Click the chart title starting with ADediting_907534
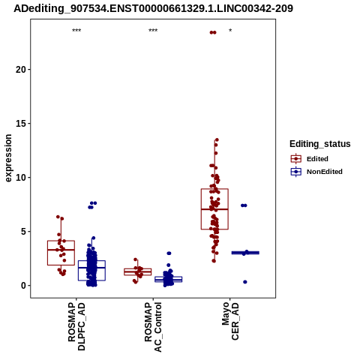pyautogui.click(x=153, y=8)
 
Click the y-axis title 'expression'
pyautogui.click(x=8, y=158)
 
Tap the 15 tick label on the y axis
pyautogui.click(x=21, y=124)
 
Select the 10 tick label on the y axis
pyautogui.click(x=21, y=178)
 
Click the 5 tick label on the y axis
pyautogui.click(x=24, y=232)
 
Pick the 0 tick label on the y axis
pyautogui.click(x=24, y=286)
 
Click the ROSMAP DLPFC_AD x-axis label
pyautogui.click(x=76, y=326)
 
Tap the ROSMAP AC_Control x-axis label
pyautogui.click(x=153, y=327)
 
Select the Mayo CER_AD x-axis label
pyautogui.click(x=230, y=321)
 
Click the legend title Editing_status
pyautogui.click(x=320, y=144)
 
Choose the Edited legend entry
pyautogui.click(x=310, y=159)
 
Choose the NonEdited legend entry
pyautogui.click(x=316, y=172)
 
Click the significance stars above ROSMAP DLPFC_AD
pyautogui.click(x=76, y=31)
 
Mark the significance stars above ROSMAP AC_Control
pyautogui.click(x=153, y=31)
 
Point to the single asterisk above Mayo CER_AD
pyautogui.click(x=230, y=31)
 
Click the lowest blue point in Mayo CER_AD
pyautogui.click(x=245, y=282)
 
